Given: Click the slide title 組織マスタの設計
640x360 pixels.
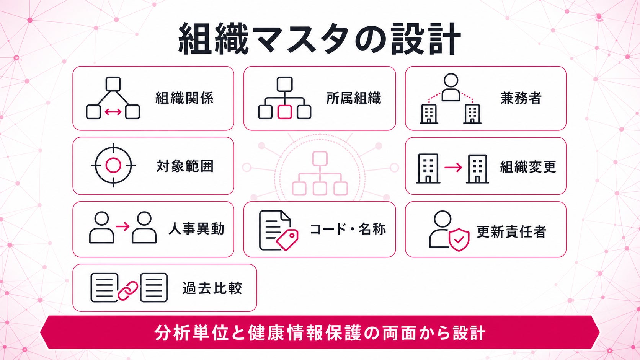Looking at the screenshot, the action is pos(320,39).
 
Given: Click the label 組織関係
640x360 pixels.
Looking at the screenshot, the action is pos(184,98).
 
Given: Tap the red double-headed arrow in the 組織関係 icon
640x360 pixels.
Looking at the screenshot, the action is pos(113,112).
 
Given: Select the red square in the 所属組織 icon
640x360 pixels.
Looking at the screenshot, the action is pos(284,112).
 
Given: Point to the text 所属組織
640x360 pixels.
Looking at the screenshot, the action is pos(353,98).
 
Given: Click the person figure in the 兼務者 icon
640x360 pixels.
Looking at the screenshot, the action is pos(451,87).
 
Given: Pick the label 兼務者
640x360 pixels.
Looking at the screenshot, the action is pos(521,98).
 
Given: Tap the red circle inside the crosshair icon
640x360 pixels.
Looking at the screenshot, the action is pos(113,165).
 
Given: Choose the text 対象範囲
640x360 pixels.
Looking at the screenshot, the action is pos(185,166).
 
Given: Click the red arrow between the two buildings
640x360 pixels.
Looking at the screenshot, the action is pos(453,167).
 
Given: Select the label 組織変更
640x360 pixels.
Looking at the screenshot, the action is pos(528,167).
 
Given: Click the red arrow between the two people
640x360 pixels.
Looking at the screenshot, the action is pos(123,227).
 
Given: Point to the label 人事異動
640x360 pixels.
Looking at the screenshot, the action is pos(197,229).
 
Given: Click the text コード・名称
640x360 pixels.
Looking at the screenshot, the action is pos(348,229).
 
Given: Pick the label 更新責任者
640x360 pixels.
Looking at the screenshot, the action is pos(511,232).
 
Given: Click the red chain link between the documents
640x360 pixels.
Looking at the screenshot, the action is pos(128,291).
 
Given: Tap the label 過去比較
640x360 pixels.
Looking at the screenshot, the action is pos(212,288).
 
